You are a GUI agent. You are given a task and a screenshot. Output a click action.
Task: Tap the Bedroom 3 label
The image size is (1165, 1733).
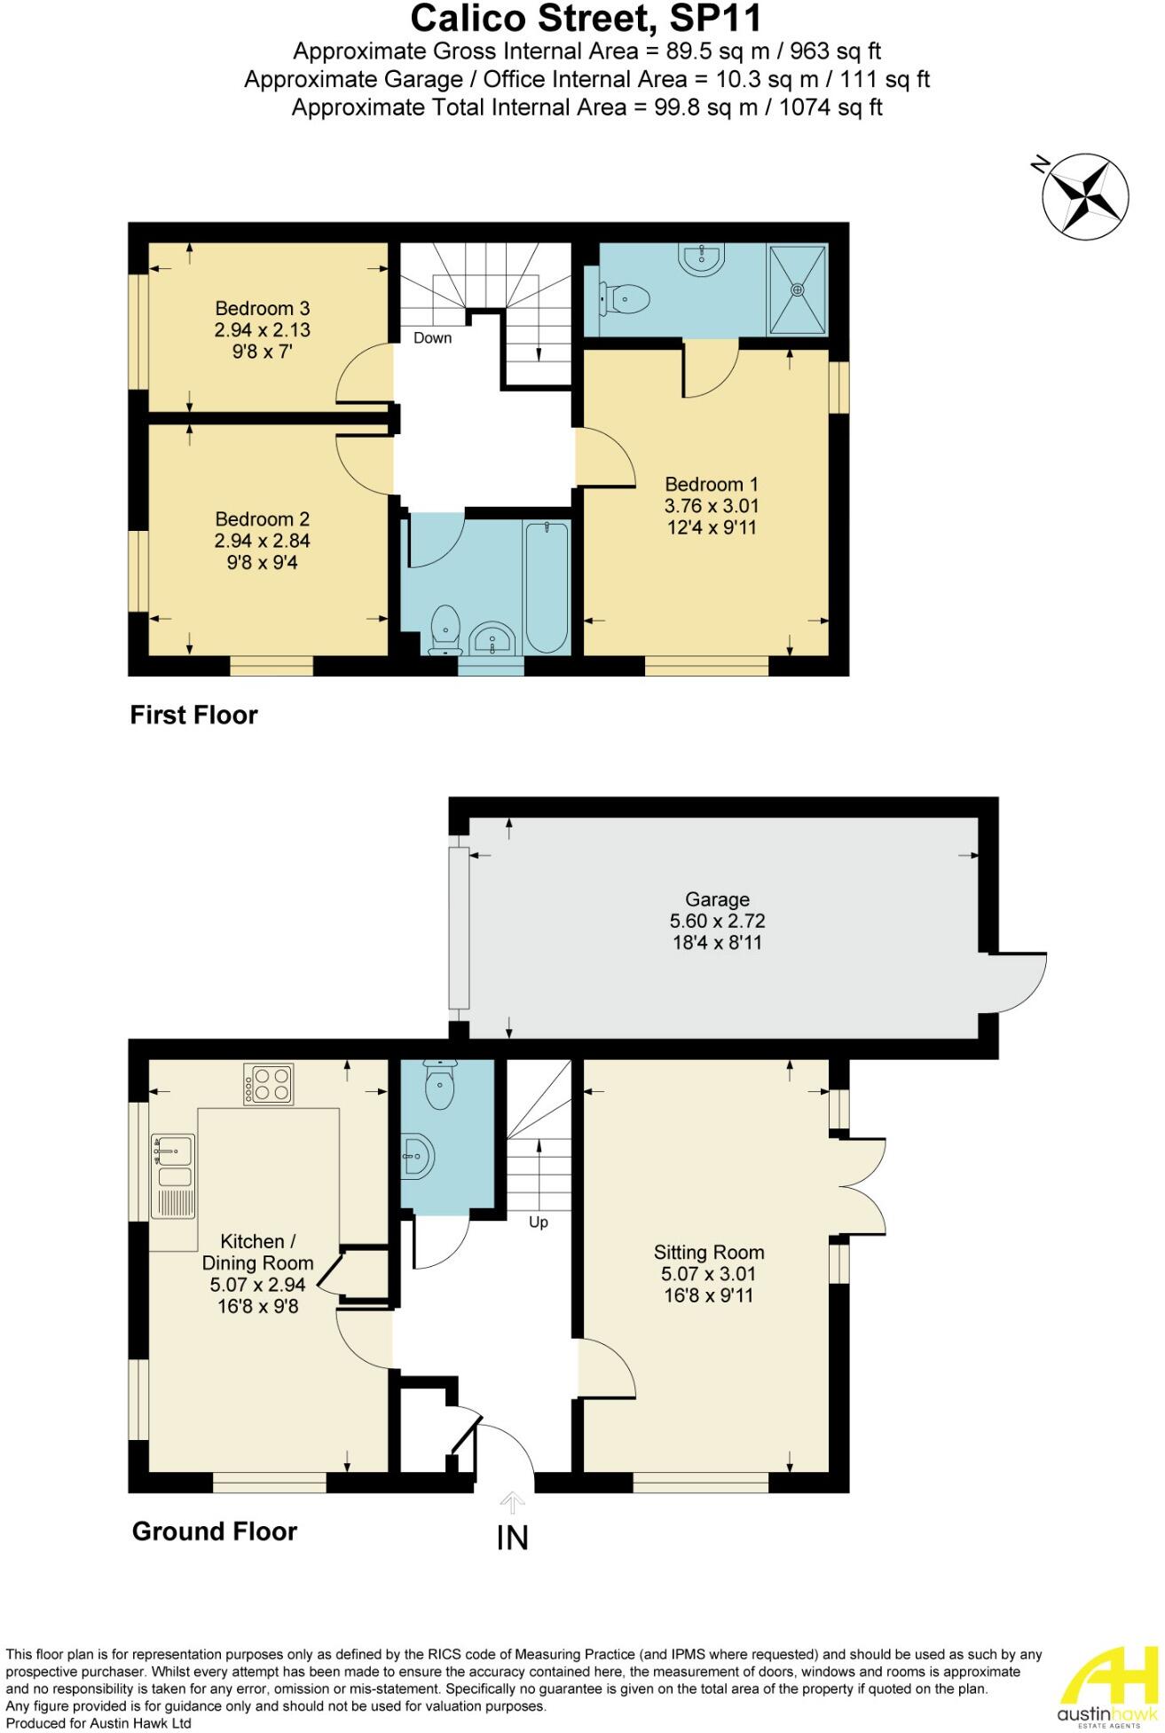click(x=263, y=308)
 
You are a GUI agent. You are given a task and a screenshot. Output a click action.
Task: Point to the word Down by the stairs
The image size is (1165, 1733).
click(x=432, y=338)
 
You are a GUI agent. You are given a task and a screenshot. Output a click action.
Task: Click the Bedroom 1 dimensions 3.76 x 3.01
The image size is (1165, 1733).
click(x=712, y=506)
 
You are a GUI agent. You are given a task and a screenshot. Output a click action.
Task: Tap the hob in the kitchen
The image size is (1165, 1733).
click(x=268, y=1085)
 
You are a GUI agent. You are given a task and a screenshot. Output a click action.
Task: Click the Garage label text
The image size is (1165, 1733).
click(x=717, y=899)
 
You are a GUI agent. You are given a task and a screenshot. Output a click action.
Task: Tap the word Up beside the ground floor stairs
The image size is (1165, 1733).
click(x=538, y=1222)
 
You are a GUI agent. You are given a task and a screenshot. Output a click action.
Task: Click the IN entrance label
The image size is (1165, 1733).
click(x=513, y=1537)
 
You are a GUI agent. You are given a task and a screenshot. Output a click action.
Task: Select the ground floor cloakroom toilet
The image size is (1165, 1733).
click(x=439, y=1086)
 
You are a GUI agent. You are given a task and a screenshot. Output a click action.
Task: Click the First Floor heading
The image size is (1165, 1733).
click(x=193, y=715)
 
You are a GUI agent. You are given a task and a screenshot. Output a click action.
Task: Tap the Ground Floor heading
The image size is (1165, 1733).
click(x=214, y=1531)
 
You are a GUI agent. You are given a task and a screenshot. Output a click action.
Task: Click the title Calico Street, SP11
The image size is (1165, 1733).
click(x=586, y=19)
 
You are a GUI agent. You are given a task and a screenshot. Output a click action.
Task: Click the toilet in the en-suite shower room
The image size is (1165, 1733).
click(x=626, y=299)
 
